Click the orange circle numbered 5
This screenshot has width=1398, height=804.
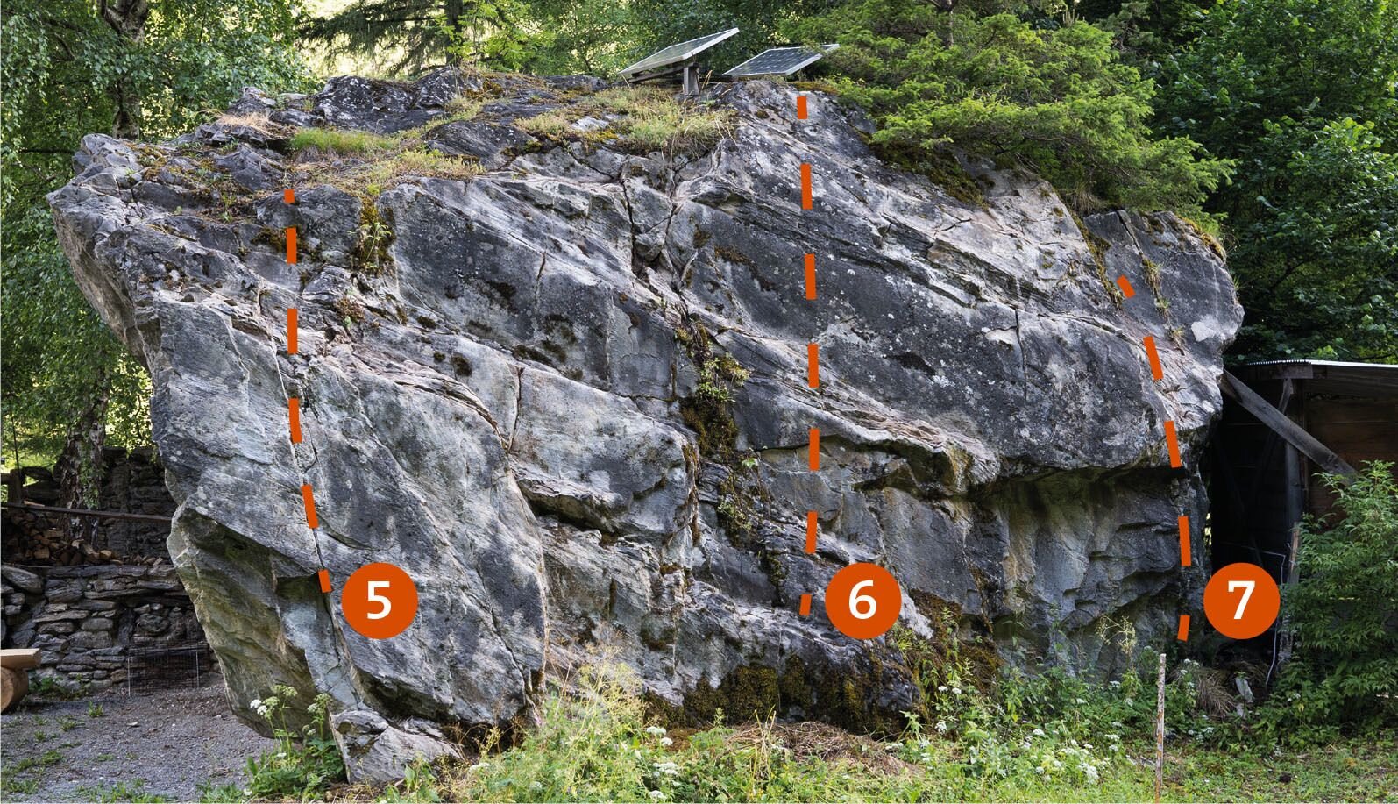(x=380, y=601)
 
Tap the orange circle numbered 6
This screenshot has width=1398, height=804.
(x=862, y=601)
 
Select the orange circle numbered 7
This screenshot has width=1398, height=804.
(x=1241, y=601)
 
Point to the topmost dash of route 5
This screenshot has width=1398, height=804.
(x=289, y=196)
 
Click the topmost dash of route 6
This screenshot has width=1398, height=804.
(x=802, y=107)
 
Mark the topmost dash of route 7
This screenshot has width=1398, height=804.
(x=1125, y=287)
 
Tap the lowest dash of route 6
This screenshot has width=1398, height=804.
(x=805, y=604)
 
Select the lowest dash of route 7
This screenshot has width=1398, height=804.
(x=1183, y=628)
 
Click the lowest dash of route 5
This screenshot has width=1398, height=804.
(x=324, y=580)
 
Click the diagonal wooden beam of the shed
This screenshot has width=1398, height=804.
(x=1286, y=423)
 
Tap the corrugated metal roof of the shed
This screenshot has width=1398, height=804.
(x=1316, y=364)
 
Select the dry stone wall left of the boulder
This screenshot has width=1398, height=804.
(x=94, y=624)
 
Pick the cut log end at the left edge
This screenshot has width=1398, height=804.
(x=14, y=687)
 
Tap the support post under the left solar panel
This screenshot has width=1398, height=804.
(x=691, y=79)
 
